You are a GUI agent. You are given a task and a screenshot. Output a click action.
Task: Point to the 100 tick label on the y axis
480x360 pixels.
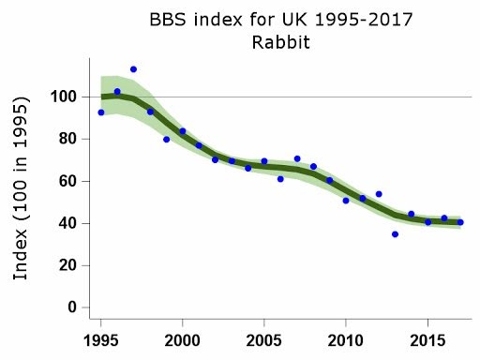pyautogui.click(x=63, y=97)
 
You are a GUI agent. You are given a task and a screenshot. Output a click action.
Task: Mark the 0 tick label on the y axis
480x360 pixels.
pyautogui.click(x=70, y=307)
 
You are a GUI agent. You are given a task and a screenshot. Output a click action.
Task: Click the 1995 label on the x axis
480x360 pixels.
pyautogui.click(x=100, y=337)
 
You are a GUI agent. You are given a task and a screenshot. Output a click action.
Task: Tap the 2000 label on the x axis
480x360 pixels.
pyautogui.click(x=182, y=337)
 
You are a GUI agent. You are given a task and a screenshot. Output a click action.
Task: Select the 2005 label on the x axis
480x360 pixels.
pyautogui.click(x=264, y=337)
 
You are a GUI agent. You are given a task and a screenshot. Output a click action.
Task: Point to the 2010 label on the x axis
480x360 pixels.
pyautogui.click(x=346, y=337)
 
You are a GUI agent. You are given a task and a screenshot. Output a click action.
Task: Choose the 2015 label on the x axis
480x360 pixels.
pyautogui.click(x=427, y=337)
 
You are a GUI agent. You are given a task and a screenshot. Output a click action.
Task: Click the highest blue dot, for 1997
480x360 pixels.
pyautogui.click(x=133, y=69)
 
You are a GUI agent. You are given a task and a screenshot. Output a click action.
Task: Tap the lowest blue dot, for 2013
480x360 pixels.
pyautogui.click(x=395, y=233)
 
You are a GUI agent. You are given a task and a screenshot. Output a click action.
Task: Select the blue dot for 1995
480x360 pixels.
pyautogui.click(x=100, y=112)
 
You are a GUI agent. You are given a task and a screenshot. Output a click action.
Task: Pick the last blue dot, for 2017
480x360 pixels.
pyautogui.click(x=460, y=222)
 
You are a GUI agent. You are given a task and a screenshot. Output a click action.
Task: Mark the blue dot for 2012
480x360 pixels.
pyautogui.click(x=379, y=194)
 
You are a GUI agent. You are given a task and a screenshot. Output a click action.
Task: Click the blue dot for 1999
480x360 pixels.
pyautogui.click(x=166, y=139)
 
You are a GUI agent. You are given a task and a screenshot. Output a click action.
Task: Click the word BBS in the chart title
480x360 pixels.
pyautogui.click(x=170, y=20)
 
